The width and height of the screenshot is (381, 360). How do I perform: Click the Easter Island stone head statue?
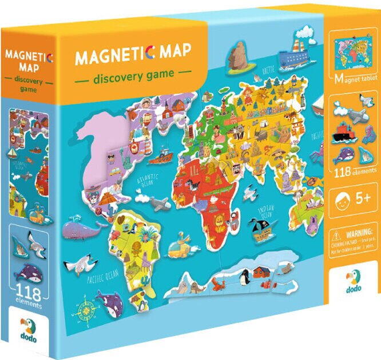[x=235, y=55]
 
